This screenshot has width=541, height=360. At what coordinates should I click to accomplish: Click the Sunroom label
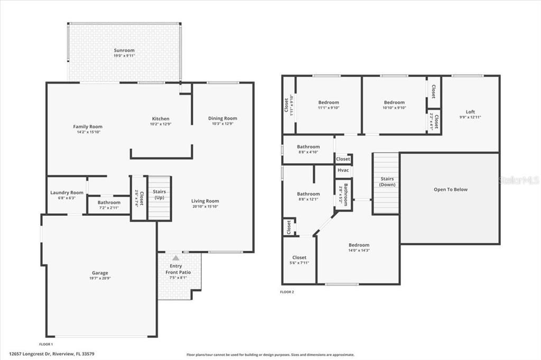pos(124,51)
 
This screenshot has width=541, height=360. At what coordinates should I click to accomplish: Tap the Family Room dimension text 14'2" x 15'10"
pos(88,132)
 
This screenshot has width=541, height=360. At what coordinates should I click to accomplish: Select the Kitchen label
pos(161,119)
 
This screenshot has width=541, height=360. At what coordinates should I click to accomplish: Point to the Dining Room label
pos(222,118)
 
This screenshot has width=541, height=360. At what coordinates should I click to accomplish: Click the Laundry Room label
pos(67,193)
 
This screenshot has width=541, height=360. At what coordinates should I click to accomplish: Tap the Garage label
pos(99,273)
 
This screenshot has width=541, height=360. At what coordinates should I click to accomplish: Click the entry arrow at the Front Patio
pos(175,258)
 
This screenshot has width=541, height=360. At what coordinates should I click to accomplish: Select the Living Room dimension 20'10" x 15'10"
pos(205,206)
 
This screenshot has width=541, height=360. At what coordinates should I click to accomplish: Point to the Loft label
pos(470,111)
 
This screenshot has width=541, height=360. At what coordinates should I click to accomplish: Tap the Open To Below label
pos(450,190)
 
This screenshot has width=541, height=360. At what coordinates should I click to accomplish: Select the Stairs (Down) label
pos(387,182)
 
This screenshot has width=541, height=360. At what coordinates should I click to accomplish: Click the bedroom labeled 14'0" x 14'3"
pos(359,245)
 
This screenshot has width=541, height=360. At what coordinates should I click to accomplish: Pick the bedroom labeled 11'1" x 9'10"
pos(329,102)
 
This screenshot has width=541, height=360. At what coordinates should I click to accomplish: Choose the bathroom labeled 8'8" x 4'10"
pos(308,147)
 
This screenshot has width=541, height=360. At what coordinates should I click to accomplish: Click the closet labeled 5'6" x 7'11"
pos(299,258)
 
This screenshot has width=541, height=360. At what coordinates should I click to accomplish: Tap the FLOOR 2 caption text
pos(287,291)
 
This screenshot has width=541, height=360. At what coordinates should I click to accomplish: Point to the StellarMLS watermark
pos(518,180)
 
